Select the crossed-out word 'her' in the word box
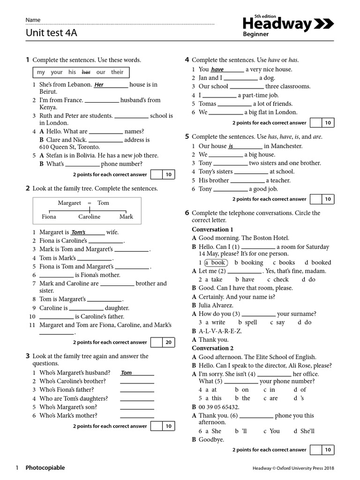[x=86, y=72]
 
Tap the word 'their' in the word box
[x=117, y=72]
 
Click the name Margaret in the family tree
[x=69, y=203]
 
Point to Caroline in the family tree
[x=89, y=217]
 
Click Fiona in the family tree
[x=49, y=217]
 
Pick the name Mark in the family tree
[x=126, y=217]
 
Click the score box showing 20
[x=168, y=342]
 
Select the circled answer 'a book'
[x=215, y=262]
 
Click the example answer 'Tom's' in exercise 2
[x=78, y=232]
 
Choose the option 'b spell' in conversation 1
[x=247, y=322]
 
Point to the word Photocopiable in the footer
[x=45, y=468]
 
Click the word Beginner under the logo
[x=255, y=34]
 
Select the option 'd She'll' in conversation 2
[x=304, y=431]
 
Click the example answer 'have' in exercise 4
[x=217, y=70]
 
